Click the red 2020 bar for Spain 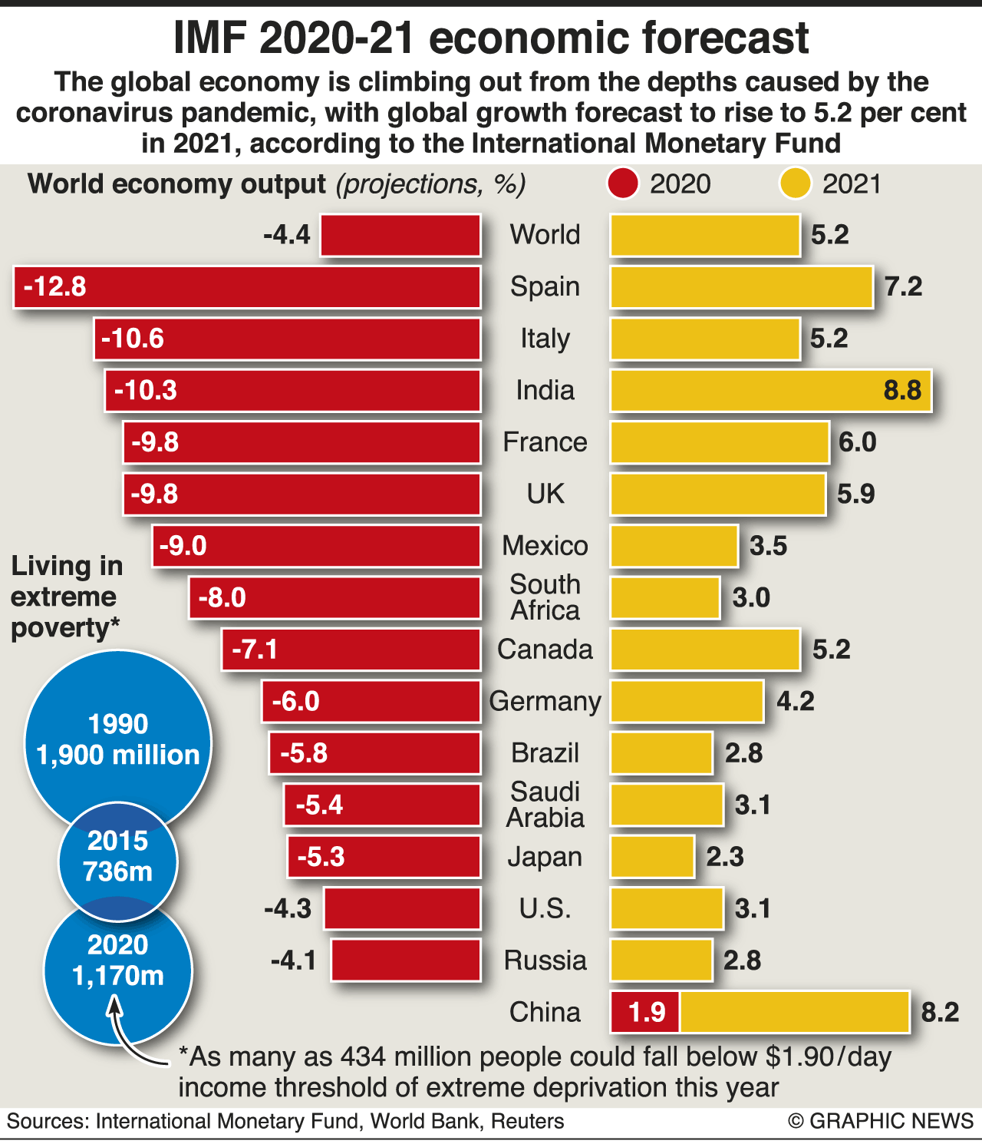point(247,287)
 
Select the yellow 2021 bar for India point(770,391)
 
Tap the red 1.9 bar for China point(645,1012)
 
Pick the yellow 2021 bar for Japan point(652,857)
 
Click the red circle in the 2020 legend point(622,184)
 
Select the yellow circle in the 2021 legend point(795,184)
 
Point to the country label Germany point(545,702)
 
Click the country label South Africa point(545,597)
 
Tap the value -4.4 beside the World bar point(287,235)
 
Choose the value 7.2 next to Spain point(903,287)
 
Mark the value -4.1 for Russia point(293,960)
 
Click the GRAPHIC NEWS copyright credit point(881,1122)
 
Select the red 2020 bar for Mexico point(316,546)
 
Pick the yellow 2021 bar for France point(720,442)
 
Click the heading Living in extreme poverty point(66,597)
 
